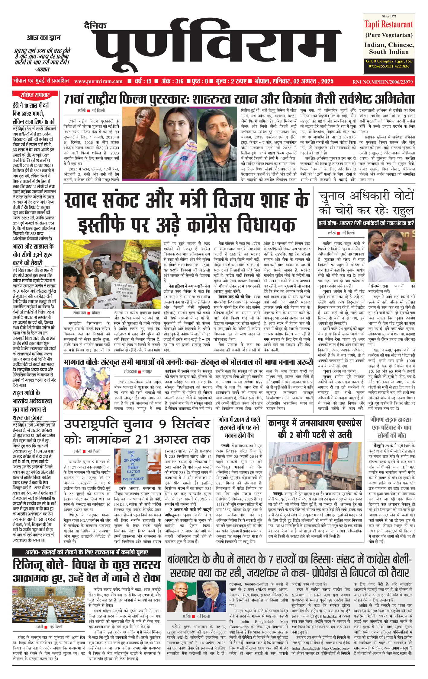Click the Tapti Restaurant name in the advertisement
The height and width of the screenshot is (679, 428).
[388, 24]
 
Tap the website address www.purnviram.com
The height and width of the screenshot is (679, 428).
[98, 81]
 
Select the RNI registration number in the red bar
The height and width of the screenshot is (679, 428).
[382, 82]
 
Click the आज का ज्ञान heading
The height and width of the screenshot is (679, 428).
[43, 38]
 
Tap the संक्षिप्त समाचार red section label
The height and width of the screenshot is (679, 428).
[35, 95]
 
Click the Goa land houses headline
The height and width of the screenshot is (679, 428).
[239, 427]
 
